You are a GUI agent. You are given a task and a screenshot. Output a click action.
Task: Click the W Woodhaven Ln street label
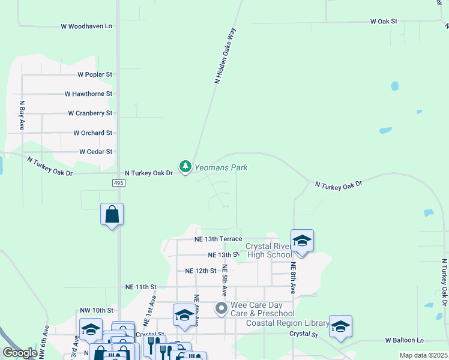tap(86, 26)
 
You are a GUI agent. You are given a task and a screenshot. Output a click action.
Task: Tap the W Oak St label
tap(384, 21)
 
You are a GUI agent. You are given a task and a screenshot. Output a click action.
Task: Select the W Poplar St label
tap(95, 74)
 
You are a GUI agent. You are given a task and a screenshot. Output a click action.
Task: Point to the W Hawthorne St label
tap(88, 94)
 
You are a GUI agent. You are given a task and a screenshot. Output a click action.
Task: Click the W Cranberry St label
tap(90, 113)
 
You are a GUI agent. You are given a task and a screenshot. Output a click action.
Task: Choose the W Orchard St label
tap(92, 133)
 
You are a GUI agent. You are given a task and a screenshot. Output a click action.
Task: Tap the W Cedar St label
tap(95, 152)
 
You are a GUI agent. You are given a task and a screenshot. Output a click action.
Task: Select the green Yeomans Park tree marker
tap(185, 166)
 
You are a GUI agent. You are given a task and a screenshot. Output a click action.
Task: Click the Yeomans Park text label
tap(220, 168)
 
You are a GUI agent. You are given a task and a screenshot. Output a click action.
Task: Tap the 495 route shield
tap(118, 182)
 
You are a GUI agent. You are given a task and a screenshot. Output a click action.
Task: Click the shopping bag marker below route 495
tap(112, 214)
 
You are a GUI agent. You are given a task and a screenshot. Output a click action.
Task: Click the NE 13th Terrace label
tap(218, 239)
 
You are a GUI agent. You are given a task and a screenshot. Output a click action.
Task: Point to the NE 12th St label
tap(200, 271)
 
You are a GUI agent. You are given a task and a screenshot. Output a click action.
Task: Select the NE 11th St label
tap(140, 287)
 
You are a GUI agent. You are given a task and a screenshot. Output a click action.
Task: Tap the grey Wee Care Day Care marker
tap(221, 309)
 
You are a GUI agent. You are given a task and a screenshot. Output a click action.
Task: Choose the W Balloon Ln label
tap(404, 340)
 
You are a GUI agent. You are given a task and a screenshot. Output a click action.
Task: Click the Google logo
tap(20, 353)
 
